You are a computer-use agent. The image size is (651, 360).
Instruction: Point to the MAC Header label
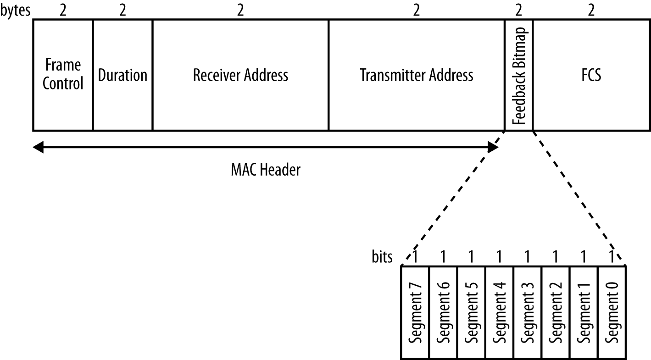pyautogui.click(x=265, y=171)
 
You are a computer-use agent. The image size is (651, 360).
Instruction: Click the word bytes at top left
pyautogui.click(x=16, y=10)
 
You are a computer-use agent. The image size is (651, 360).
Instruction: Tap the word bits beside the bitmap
pyautogui.click(x=382, y=257)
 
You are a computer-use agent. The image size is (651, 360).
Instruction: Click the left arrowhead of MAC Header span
pyautogui.click(x=38, y=147)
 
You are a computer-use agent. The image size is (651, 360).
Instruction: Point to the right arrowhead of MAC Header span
pyautogui.click(x=493, y=147)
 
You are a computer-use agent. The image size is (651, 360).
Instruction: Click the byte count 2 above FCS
pyautogui.click(x=591, y=11)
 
